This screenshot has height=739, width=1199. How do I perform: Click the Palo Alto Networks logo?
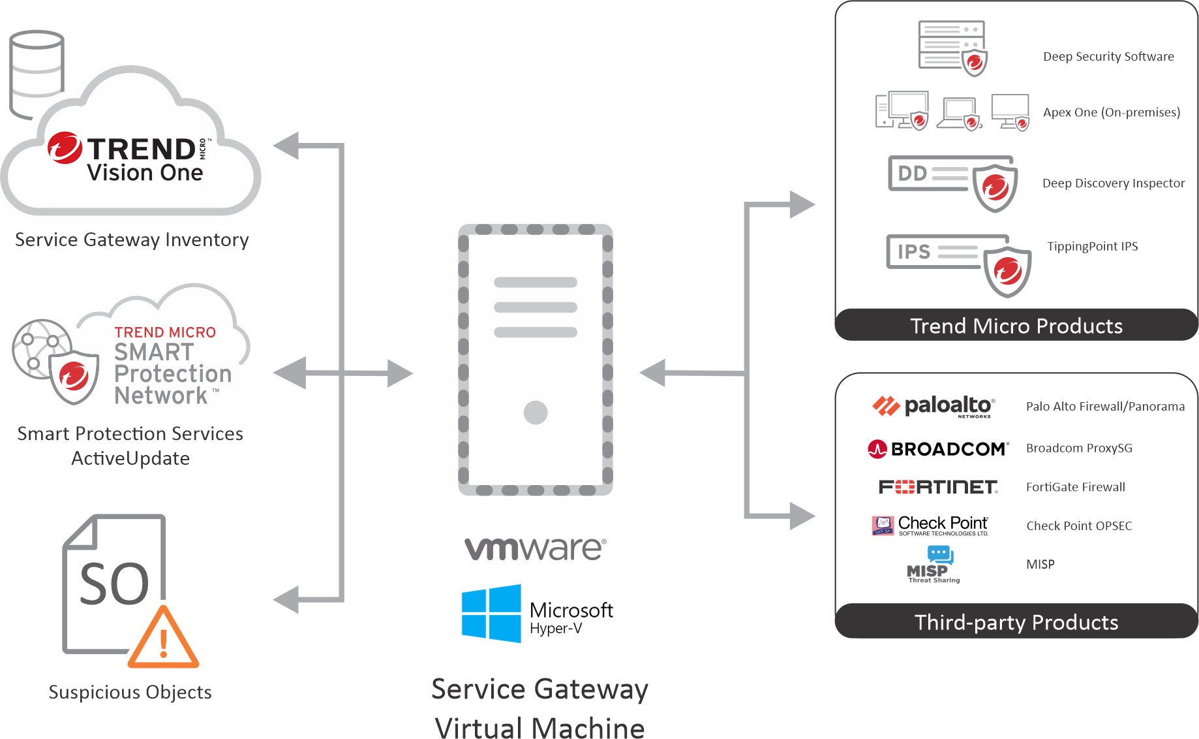933,406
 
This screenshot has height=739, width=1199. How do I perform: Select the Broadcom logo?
938,449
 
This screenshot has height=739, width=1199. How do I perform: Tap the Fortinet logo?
938,487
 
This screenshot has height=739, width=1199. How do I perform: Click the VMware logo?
535,549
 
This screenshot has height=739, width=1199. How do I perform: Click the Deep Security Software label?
1108,57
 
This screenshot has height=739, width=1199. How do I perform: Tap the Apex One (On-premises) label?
1112,112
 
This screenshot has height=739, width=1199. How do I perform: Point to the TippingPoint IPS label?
1093,246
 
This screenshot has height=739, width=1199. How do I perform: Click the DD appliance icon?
952,182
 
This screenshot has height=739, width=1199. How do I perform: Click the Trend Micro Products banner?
1016,325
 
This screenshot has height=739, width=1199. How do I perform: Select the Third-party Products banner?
1016,622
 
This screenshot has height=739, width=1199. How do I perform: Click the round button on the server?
536,413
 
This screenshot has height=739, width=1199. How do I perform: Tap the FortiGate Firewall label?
1076,487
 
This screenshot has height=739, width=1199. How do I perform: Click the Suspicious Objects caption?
130,692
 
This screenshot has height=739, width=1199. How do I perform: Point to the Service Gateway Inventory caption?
132,240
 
